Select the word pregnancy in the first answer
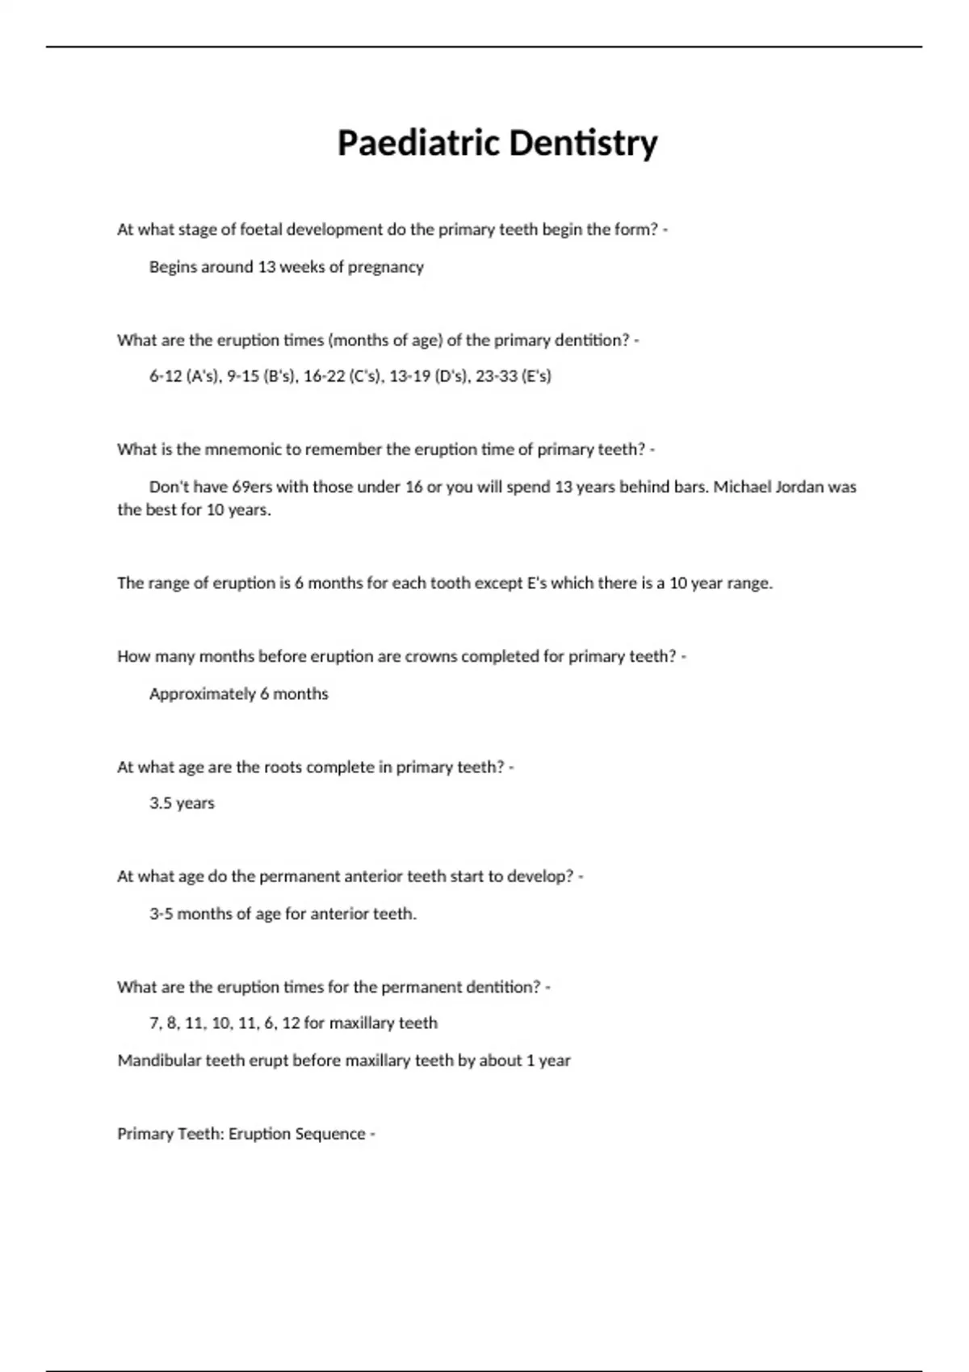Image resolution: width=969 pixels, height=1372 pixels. [385, 267]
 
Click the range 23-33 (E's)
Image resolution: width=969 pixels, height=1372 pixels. [513, 376]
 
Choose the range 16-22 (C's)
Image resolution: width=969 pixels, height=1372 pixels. [342, 376]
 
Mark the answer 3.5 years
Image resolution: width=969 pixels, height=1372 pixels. [182, 804]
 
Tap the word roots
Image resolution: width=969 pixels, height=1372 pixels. [283, 768]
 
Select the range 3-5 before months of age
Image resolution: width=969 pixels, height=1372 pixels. [161, 914]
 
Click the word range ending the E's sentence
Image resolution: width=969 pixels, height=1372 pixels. [749, 584]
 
